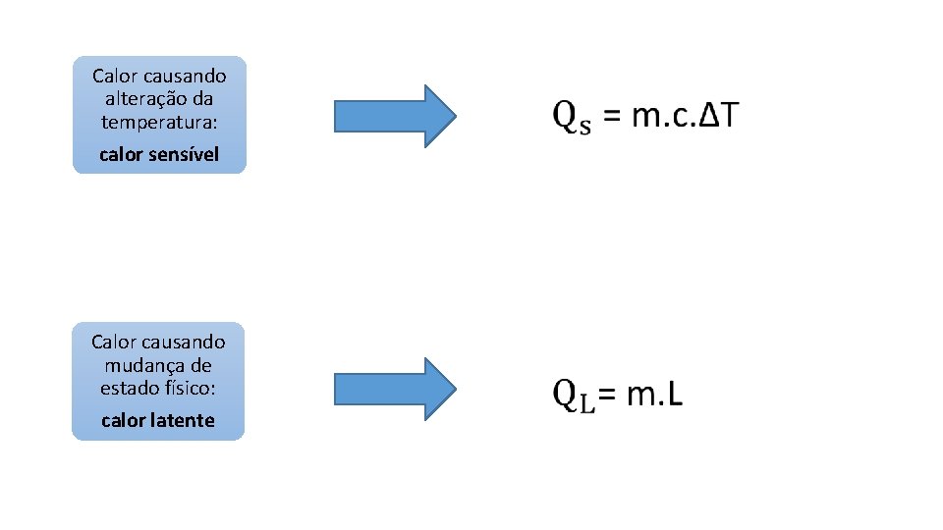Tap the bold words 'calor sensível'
[159, 154]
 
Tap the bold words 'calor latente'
[158, 420]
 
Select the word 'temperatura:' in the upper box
[159, 123]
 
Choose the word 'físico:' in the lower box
[190, 388]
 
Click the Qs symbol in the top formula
[573, 117]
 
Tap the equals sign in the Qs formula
[611, 117]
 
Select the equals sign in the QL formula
[609, 395]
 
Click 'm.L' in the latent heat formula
[655, 395]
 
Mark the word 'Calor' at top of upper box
[114, 76]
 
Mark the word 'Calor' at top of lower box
[113, 342]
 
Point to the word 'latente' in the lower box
[183, 420]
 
